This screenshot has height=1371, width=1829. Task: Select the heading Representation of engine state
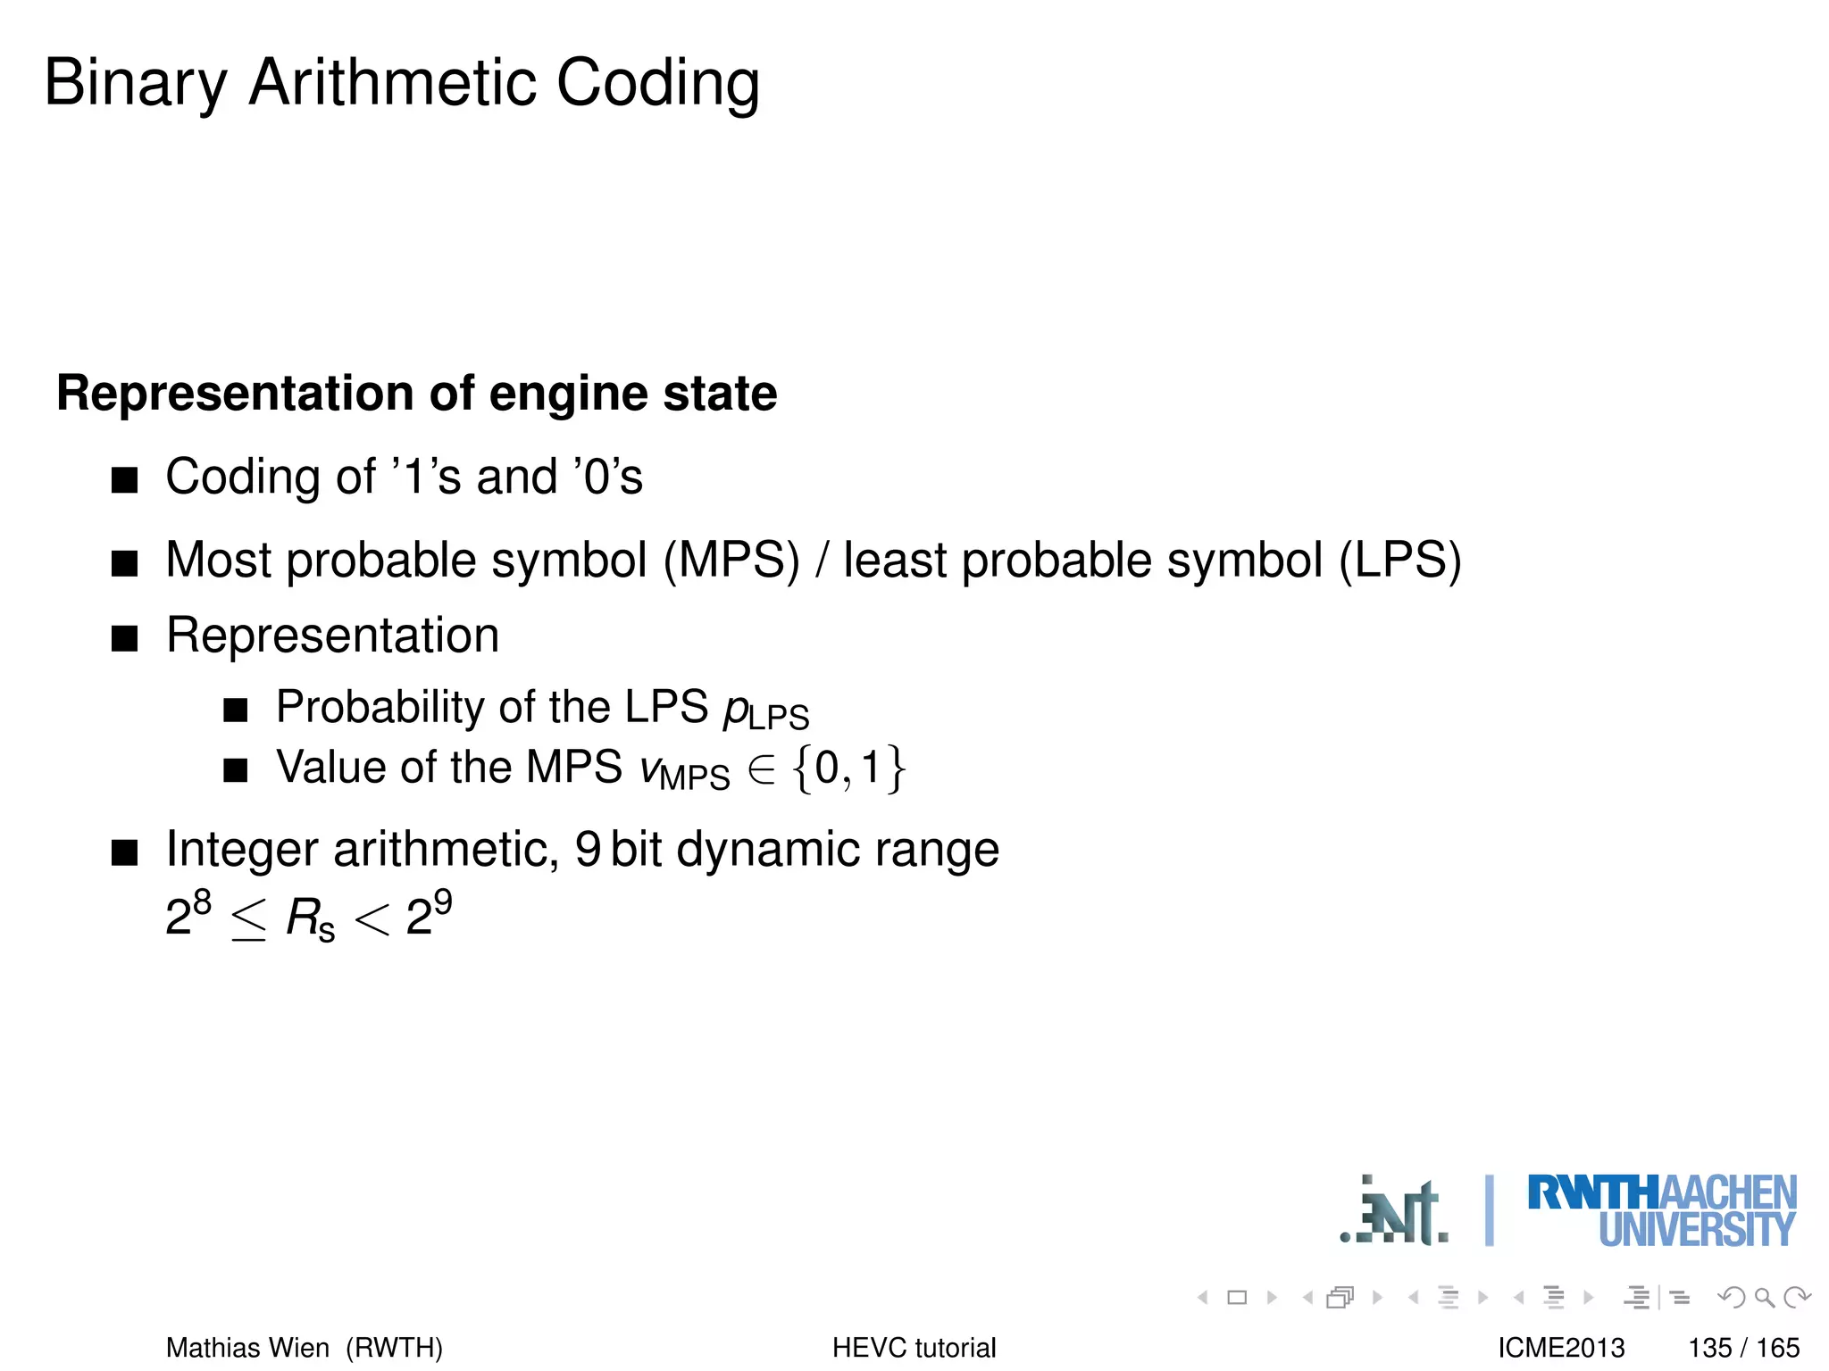[x=416, y=393]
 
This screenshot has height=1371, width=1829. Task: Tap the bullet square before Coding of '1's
[x=125, y=480]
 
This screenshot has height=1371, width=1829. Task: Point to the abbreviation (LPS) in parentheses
[x=1399, y=561]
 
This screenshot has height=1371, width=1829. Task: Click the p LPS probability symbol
[x=765, y=710]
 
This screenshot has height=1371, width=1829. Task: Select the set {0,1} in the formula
[x=849, y=769]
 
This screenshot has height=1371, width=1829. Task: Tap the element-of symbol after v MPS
[x=762, y=770]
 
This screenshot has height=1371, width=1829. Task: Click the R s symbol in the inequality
[x=309, y=918]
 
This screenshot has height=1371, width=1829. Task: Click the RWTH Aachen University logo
[x=1661, y=1210]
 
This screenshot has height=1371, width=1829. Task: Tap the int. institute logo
[x=1395, y=1212]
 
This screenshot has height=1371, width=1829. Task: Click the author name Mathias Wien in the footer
[x=247, y=1347]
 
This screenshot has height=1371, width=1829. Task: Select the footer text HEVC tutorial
[x=914, y=1347]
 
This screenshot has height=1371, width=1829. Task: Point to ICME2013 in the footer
[x=1561, y=1347]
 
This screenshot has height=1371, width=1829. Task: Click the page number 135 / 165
[x=1743, y=1347]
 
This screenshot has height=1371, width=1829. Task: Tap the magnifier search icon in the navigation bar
[x=1764, y=1297]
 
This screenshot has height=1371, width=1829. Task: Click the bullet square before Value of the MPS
[x=236, y=769]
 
